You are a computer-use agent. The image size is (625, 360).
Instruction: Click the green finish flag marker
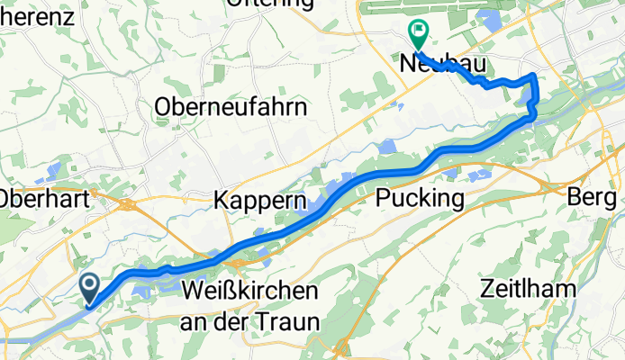coord(418,34)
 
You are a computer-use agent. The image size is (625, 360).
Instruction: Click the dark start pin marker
coord(91,288)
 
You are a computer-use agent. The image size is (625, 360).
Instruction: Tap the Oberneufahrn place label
coord(231,106)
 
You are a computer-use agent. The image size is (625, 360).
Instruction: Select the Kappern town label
coord(261,200)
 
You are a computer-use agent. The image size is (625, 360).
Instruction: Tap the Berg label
coord(595,196)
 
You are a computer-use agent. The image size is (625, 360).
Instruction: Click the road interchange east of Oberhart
coord(127,205)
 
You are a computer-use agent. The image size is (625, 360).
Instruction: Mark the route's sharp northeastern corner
coord(536,76)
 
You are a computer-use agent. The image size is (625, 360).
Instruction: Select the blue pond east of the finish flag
coord(494,19)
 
